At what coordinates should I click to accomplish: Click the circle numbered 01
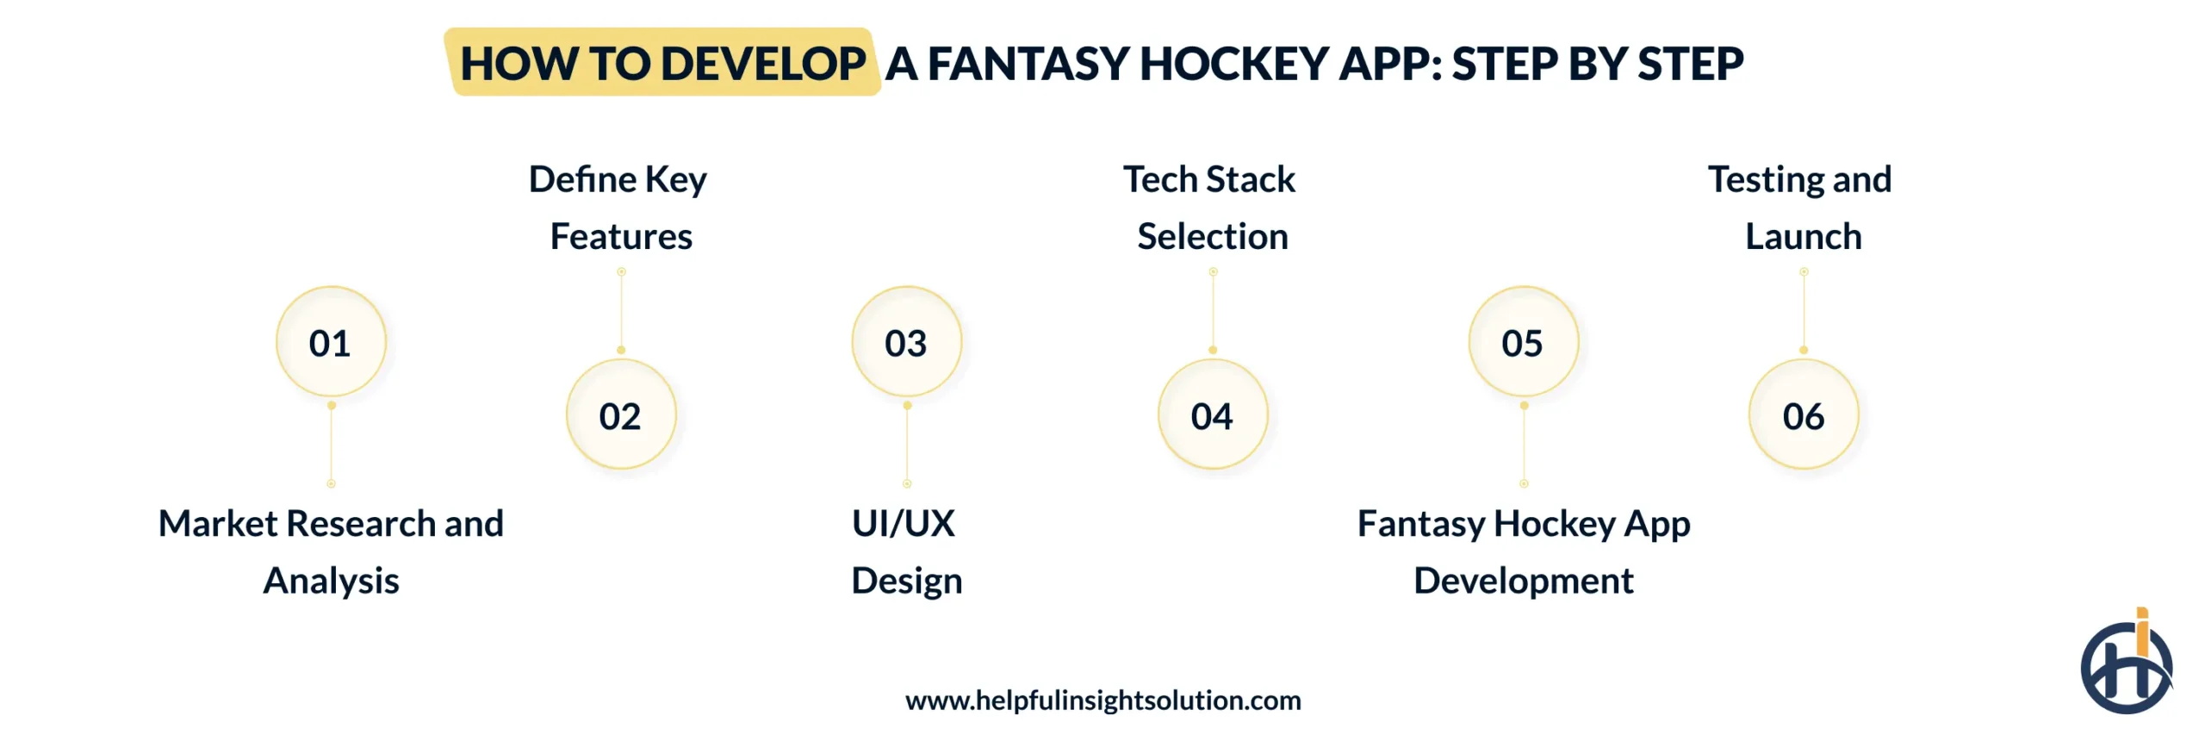point(331,342)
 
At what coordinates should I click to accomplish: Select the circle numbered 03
point(906,342)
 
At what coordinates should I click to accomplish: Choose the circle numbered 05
point(1523,342)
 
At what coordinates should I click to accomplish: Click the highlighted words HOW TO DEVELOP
point(662,64)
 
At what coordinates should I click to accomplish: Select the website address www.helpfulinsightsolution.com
point(1102,700)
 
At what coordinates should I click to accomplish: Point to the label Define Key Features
point(619,208)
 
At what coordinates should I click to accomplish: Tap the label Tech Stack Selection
point(1210,208)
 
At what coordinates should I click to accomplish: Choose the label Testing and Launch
point(1801,208)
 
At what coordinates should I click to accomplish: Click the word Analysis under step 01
point(332,581)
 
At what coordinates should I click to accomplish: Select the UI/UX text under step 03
point(904,524)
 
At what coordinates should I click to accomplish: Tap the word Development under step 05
point(1523,581)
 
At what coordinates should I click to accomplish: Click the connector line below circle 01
point(332,445)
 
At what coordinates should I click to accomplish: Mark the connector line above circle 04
point(1213,311)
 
